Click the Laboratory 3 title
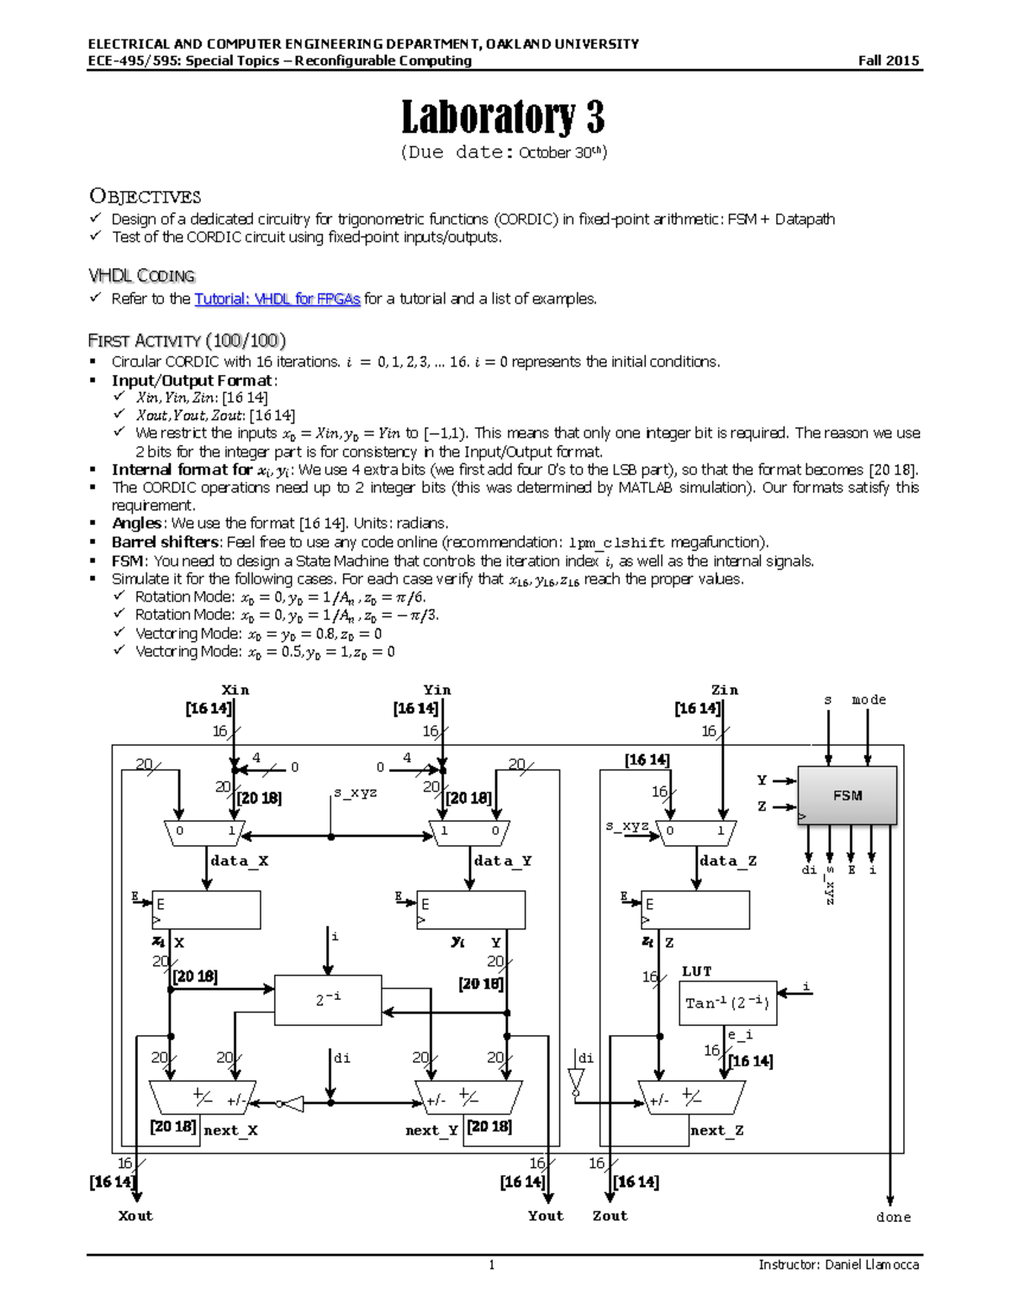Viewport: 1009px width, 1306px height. [x=503, y=117]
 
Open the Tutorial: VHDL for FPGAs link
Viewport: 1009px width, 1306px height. [x=277, y=299]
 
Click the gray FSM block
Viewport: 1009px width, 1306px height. [x=847, y=795]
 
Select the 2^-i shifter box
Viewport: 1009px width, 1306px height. [x=328, y=1000]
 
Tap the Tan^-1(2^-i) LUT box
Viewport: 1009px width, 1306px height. [x=727, y=1002]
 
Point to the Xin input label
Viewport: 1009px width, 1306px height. [x=235, y=690]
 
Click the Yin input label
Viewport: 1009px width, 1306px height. [x=437, y=690]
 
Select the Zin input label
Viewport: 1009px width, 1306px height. [x=724, y=690]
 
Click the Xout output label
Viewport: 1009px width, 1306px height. [x=135, y=1215]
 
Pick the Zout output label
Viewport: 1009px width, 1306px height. [x=610, y=1215]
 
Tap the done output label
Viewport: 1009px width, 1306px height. [x=893, y=1217]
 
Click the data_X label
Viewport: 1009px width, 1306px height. [x=240, y=860]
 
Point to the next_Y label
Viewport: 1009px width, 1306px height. [x=431, y=1130]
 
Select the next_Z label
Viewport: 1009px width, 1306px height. [x=716, y=1130]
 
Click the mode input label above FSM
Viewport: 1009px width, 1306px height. [x=869, y=700]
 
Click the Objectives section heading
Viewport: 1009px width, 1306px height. [x=145, y=197]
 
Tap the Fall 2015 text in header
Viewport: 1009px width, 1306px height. [x=888, y=61]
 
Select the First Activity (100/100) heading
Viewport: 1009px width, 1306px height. [x=187, y=341]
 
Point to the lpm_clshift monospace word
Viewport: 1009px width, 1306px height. [x=616, y=542]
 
